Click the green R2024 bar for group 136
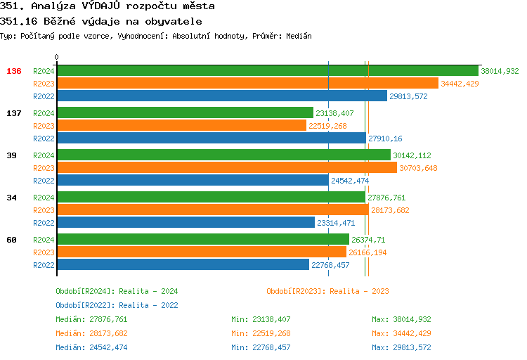pyautogui.click(x=267, y=71)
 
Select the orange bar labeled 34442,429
pyautogui.click(x=247, y=84)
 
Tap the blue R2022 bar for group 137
pyautogui.click(x=211, y=139)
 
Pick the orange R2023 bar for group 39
pyautogui.click(x=226, y=168)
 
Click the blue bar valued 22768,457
pyautogui.click(x=183, y=265)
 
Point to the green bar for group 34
pyautogui.click(x=211, y=198)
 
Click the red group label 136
pyautogui.click(x=14, y=71)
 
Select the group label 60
pyautogui.click(x=11, y=240)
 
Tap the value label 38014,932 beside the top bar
pyautogui.click(x=500, y=71)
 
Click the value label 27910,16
pyautogui.click(x=385, y=139)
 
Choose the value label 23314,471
pyautogui.click(x=336, y=223)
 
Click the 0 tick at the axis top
pyautogui.click(x=57, y=57)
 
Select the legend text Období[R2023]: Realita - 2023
pyautogui.click(x=327, y=291)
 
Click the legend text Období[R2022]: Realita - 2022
pyautogui.click(x=117, y=305)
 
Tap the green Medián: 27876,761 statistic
pyautogui.click(x=91, y=319)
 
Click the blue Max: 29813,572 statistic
pyautogui.click(x=401, y=347)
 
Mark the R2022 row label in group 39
pyautogui.click(x=44, y=181)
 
